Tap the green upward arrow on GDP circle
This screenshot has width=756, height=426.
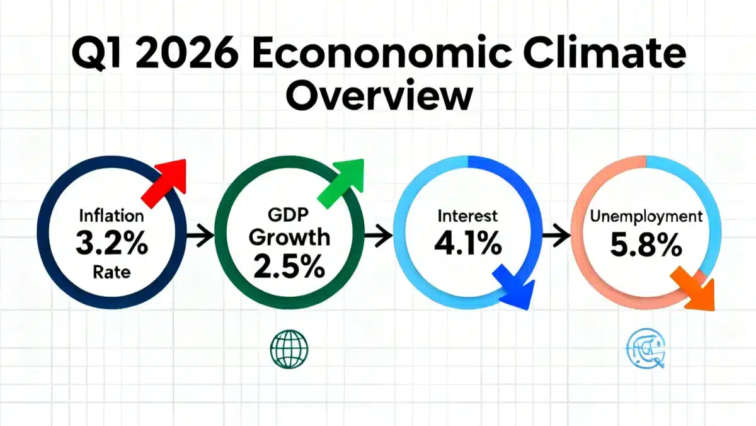[343, 180]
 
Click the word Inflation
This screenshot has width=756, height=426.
[112, 216]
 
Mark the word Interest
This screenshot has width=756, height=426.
[467, 216]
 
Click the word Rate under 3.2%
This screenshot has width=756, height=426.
[111, 272]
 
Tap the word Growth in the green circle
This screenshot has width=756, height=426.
[289, 238]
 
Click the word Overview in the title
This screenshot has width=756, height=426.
[382, 95]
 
